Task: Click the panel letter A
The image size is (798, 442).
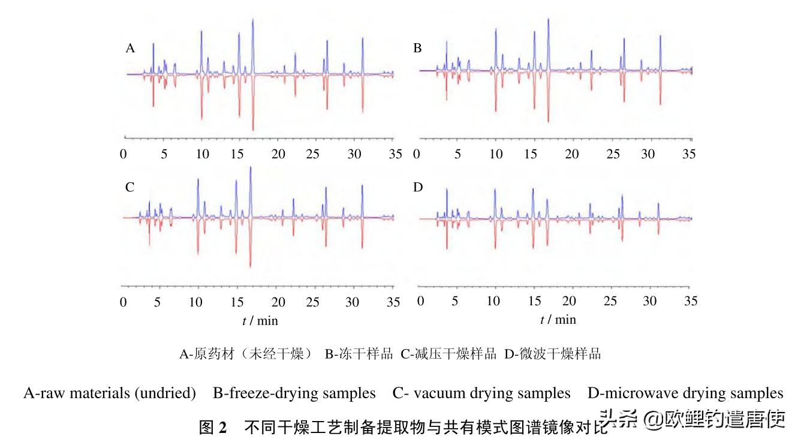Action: pyautogui.click(x=130, y=49)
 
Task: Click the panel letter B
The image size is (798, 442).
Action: pyautogui.click(x=417, y=49)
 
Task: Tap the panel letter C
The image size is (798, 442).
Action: pyautogui.click(x=130, y=188)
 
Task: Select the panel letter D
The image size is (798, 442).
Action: pyautogui.click(x=418, y=188)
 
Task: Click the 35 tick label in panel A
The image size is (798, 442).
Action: pyautogui.click(x=395, y=154)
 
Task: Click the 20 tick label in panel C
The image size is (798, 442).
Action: pyautogui.click(x=278, y=302)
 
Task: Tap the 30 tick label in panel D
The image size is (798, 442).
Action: pyautogui.click(x=649, y=301)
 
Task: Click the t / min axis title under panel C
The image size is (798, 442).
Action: pyautogui.click(x=260, y=320)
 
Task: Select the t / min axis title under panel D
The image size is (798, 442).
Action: pyautogui.click(x=558, y=320)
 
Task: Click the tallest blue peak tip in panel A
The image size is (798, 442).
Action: pyautogui.click(x=253, y=20)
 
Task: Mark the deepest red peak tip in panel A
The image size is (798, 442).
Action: pyautogui.click(x=253, y=130)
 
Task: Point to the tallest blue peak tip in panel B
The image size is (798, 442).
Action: pyautogui.click(x=549, y=19)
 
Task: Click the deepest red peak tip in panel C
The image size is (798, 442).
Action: pyautogui.click(x=250, y=267)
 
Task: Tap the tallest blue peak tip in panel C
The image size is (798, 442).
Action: pyautogui.click(x=250, y=167)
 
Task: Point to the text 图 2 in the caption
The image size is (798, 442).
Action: pyautogui.click(x=213, y=427)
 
